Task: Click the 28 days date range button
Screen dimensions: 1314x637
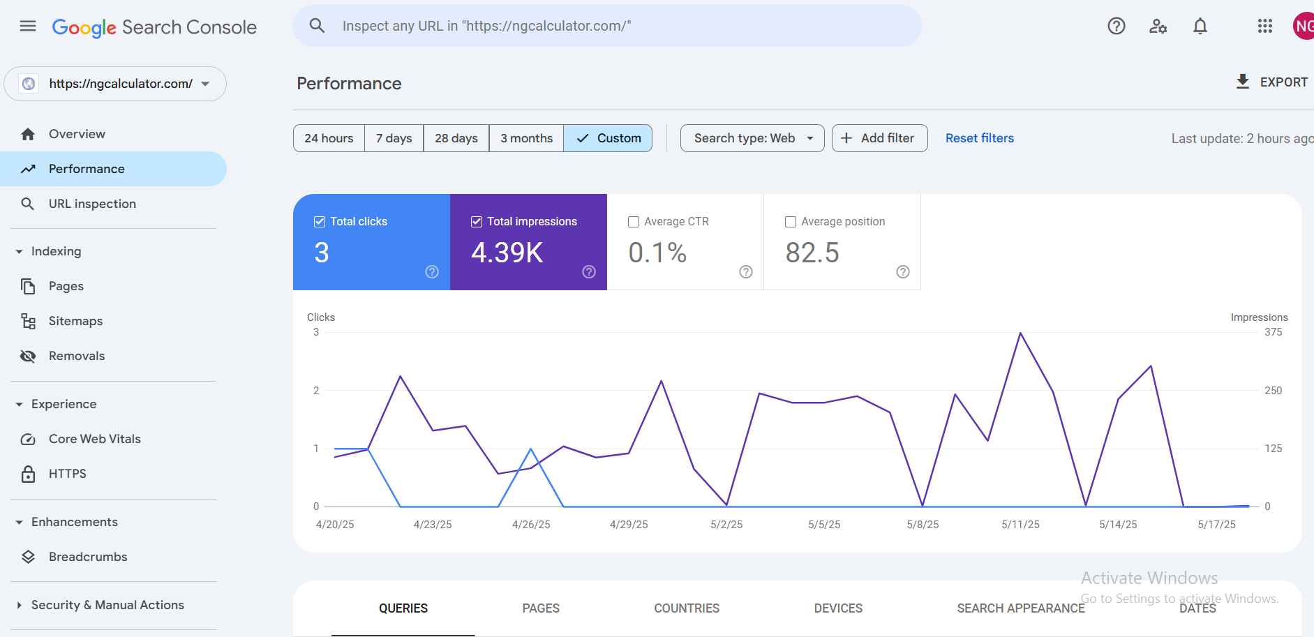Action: coord(456,138)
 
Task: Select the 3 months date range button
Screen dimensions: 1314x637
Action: coord(526,138)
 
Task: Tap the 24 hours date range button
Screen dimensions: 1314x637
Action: coord(329,138)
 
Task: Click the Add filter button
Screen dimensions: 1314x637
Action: coord(879,138)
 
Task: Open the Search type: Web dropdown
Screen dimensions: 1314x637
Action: coord(752,138)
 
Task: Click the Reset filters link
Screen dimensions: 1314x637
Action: coord(980,138)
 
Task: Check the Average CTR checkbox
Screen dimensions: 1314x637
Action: coord(634,222)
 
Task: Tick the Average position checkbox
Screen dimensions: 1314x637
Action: coord(791,222)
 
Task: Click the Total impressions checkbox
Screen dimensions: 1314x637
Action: coord(477,222)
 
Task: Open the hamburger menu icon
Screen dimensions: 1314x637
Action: coord(28,27)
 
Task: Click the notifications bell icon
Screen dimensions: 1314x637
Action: coord(1200,27)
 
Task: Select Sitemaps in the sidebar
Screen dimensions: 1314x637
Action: coord(75,321)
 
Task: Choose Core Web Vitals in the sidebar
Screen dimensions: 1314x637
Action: coord(95,439)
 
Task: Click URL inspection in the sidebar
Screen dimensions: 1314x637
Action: coord(92,204)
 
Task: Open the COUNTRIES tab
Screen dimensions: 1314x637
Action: coord(687,608)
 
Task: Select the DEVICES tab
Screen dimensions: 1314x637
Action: coord(838,608)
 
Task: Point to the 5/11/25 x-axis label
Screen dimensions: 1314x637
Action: coord(1020,525)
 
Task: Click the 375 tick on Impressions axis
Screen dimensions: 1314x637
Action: coord(1274,332)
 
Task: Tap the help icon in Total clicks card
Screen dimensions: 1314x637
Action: coord(432,272)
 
